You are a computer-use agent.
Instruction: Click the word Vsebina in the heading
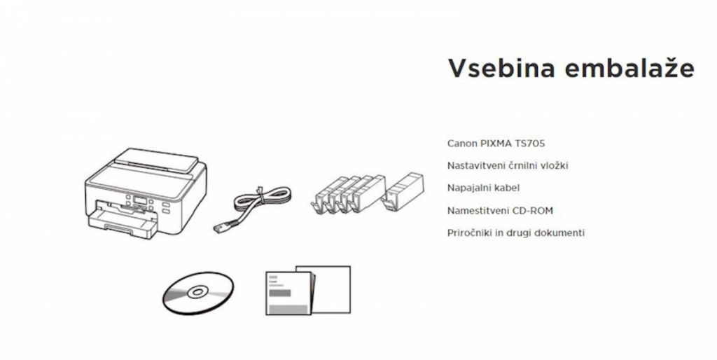pos(501,68)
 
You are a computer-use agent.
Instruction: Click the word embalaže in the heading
pos(629,68)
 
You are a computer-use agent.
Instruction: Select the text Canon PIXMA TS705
pos(496,143)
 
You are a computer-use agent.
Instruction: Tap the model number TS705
pos(530,143)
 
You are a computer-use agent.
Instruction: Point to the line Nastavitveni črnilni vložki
pos(508,165)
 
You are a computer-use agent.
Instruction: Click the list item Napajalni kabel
pos(483,188)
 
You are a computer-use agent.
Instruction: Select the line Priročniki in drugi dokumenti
pos(516,233)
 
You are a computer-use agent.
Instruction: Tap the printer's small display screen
pos(140,200)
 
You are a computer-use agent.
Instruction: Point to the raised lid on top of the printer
pos(156,158)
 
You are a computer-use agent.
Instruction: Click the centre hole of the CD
pos(197,291)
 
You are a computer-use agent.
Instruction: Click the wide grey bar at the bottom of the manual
pos(287,310)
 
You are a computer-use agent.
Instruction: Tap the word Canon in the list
pos(462,143)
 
